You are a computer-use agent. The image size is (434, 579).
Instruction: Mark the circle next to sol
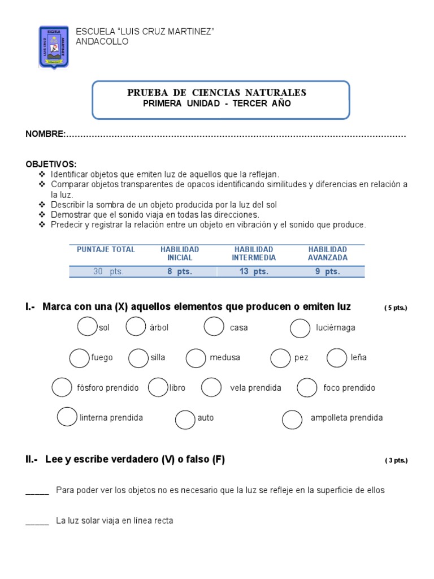click(x=86, y=327)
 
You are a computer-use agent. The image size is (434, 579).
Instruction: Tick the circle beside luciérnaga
click(x=300, y=327)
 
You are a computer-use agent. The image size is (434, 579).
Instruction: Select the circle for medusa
click(x=196, y=357)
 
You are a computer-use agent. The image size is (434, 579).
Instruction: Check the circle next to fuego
click(x=79, y=358)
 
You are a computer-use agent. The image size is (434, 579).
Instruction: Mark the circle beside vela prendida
click(x=211, y=387)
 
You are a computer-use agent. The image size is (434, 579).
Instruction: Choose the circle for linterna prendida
click(x=67, y=417)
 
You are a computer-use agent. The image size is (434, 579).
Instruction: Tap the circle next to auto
click(x=185, y=419)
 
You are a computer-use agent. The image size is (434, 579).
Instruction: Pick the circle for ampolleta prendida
click(x=292, y=418)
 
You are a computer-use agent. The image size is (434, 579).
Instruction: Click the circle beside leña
click(x=337, y=357)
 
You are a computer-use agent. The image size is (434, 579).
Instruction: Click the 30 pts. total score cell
click(x=108, y=272)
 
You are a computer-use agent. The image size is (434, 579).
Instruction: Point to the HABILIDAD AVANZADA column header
click(x=328, y=253)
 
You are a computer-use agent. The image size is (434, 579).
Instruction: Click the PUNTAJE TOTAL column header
click(x=106, y=249)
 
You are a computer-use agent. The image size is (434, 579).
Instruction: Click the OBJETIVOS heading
click(x=51, y=164)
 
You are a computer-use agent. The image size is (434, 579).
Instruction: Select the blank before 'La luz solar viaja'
click(x=37, y=521)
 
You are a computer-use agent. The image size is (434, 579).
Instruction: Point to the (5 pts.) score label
click(x=396, y=308)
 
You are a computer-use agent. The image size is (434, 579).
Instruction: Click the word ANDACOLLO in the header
click(x=102, y=41)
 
